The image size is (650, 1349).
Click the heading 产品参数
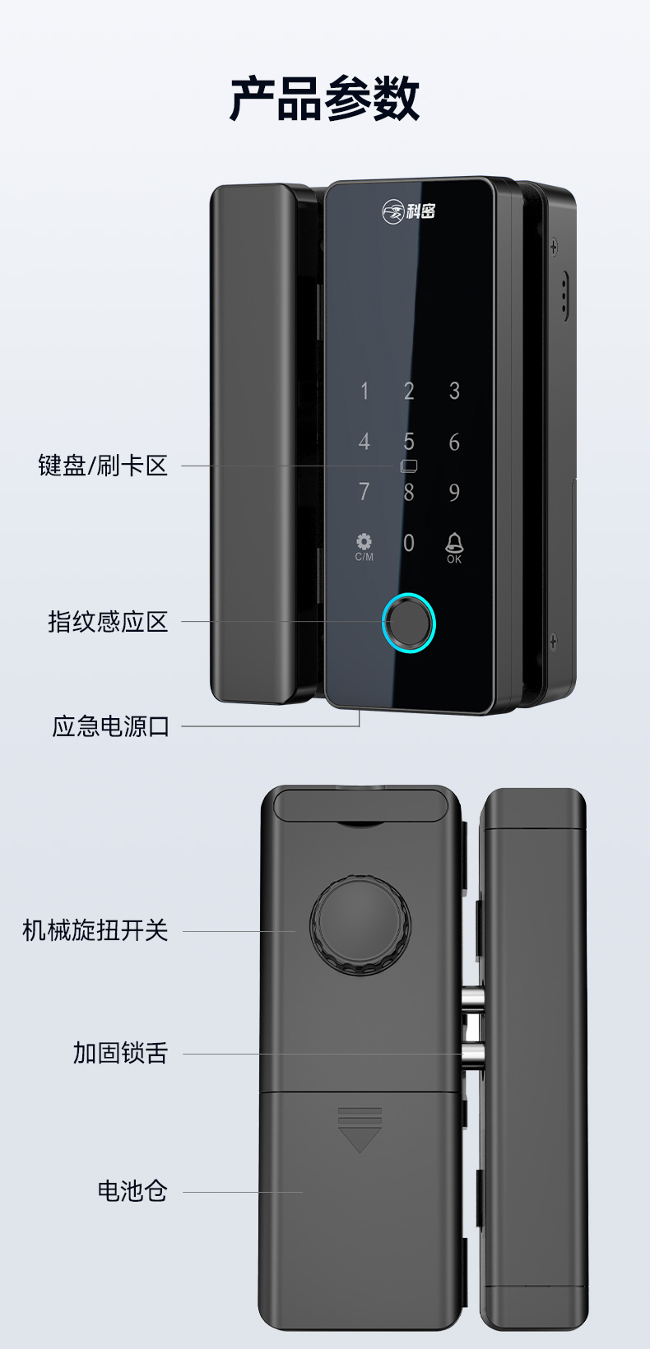325,99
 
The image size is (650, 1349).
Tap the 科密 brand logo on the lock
408,211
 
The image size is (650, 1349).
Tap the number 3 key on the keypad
454,391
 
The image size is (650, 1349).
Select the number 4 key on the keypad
364,442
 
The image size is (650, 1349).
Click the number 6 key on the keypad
454,442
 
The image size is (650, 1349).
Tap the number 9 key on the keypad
454,493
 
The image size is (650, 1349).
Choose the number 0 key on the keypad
408,543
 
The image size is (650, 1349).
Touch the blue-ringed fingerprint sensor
408,624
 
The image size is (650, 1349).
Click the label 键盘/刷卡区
103,466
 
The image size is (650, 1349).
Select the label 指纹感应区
108,622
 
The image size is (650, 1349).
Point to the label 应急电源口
110,726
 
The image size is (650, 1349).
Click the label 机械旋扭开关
95,929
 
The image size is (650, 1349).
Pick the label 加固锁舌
120,1053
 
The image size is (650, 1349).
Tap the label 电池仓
132,1190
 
